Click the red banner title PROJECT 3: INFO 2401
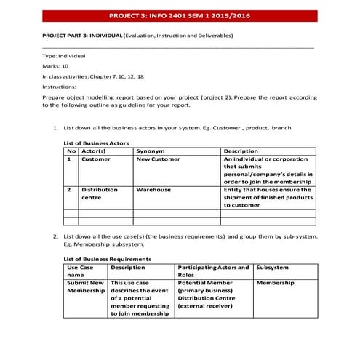(x=179, y=15)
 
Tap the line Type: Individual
(x=65, y=55)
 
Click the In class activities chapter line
(x=93, y=76)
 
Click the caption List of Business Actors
(x=97, y=143)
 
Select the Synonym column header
(x=151, y=151)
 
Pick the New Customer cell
(x=158, y=159)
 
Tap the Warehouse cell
(x=153, y=190)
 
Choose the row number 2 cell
(x=68, y=190)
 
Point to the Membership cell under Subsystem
(x=276, y=282)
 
